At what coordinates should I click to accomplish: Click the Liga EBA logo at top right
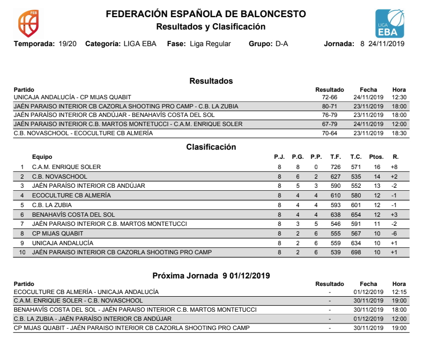(x=391, y=24)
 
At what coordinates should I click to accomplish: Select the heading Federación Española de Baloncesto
(x=206, y=14)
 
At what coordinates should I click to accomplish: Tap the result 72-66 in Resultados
(x=329, y=97)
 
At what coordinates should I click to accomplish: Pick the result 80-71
(x=329, y=106)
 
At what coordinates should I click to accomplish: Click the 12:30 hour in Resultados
(x=399, y=97)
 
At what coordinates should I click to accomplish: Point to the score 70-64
(x=329, y=133)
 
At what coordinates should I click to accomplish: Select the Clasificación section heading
(x=211, y=146)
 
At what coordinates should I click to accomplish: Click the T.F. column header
(x=336, y=157)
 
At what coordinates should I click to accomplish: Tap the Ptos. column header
(x=376, y=157)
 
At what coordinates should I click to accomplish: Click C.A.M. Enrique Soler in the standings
(x=66, y=167)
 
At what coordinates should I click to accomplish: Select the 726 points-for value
(x=336, y=167)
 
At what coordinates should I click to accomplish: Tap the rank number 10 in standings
(x=22, y=252)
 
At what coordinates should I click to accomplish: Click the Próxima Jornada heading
(x=211, y=275)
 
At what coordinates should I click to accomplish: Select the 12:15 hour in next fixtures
(x=399, y=292)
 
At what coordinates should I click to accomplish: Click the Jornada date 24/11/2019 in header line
(x=386, y=43)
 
